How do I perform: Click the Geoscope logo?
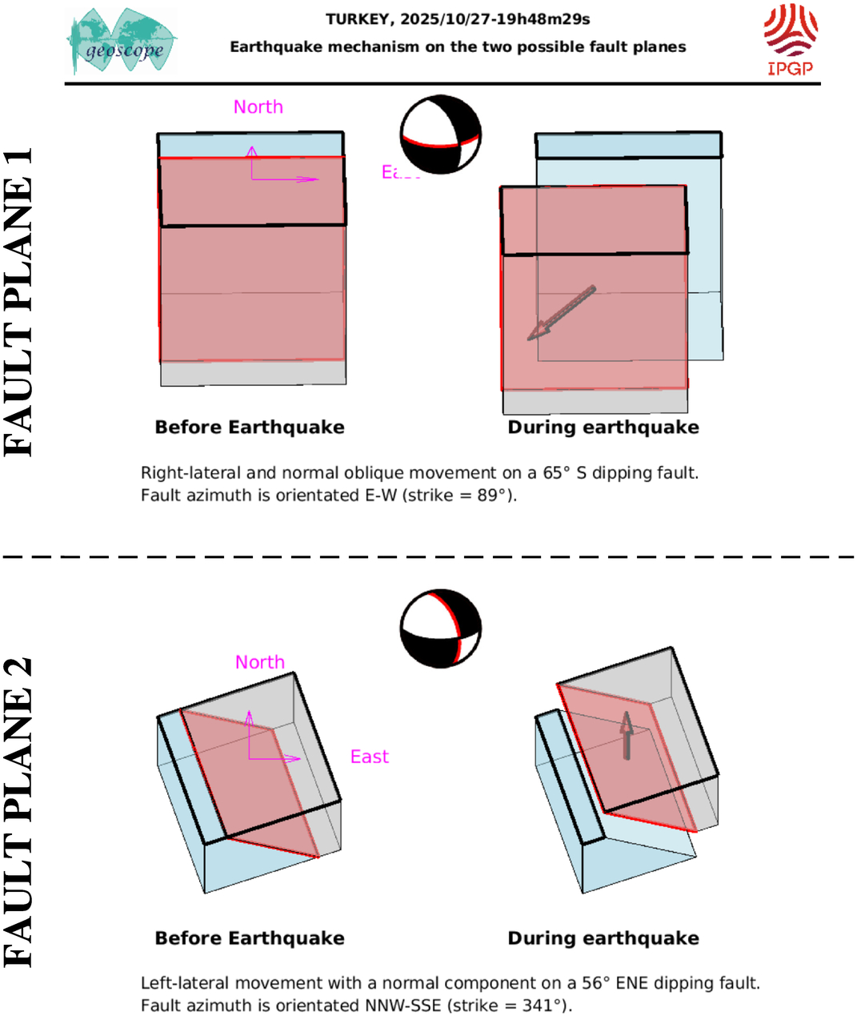point(122,42)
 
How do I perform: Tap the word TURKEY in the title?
point(358,19)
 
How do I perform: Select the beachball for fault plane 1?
point(440,135)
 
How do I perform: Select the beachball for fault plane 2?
point(440,629)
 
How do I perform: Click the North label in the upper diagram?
point(258,107)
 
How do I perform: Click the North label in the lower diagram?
point(259,662)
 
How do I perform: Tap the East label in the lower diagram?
point(369,757)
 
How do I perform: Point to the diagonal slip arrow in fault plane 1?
point(561,313)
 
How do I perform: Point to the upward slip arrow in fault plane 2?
point(627,735)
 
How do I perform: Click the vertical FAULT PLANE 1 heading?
point(18,302)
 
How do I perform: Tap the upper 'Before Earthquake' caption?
point(250,428)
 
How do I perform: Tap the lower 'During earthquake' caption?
point(603,938)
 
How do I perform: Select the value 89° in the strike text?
point(490,496)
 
